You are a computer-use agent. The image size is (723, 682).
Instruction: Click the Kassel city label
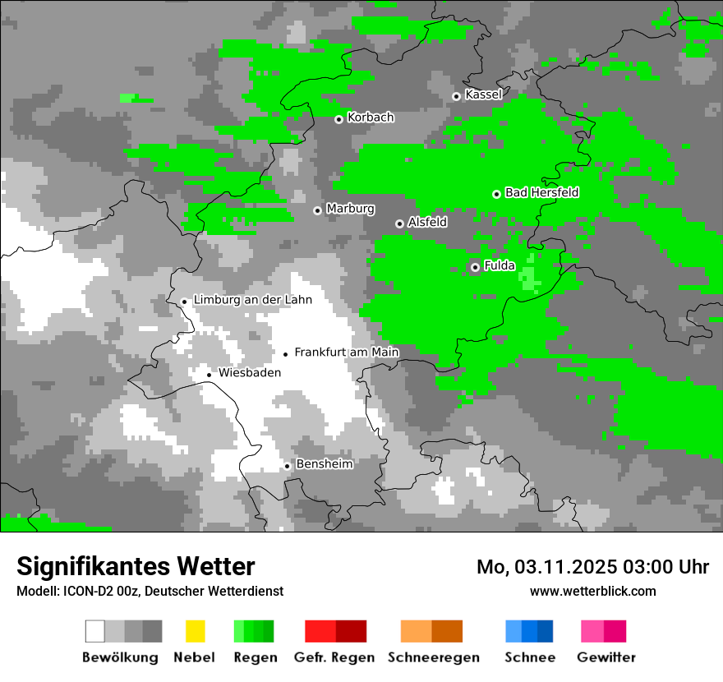pos(483,94)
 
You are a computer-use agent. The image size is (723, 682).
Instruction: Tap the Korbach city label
pos(371,118)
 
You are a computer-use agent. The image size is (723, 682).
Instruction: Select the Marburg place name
pos(350,209)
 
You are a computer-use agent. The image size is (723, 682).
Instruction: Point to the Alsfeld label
pos(427,222)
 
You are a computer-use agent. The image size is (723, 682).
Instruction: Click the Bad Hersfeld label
pos(541,192)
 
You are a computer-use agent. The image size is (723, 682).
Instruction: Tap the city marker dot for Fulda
pos(475,267)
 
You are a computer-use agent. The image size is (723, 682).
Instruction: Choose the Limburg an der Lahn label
pos(252,300)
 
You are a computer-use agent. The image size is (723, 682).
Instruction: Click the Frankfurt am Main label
pos(346,353)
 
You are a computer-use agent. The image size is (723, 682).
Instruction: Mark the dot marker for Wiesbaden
pos(209,375)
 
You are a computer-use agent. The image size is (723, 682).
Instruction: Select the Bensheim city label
pos(324,464)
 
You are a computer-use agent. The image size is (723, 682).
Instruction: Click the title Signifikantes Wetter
pos(136,567)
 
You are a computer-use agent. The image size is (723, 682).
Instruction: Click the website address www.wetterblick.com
pos(592,591)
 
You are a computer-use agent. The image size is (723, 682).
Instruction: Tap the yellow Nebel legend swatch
pos(195,631)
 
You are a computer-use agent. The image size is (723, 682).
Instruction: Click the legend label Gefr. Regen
pos(334,657)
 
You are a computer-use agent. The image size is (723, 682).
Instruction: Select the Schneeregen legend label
pos(434,657)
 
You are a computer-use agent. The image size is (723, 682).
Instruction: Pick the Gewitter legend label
pos(606,657)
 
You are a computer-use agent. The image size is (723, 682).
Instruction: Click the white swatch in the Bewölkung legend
pos(94,631)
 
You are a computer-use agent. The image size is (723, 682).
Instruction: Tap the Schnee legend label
pos(529,657)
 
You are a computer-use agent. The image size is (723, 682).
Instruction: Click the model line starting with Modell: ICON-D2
pos(150,591)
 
